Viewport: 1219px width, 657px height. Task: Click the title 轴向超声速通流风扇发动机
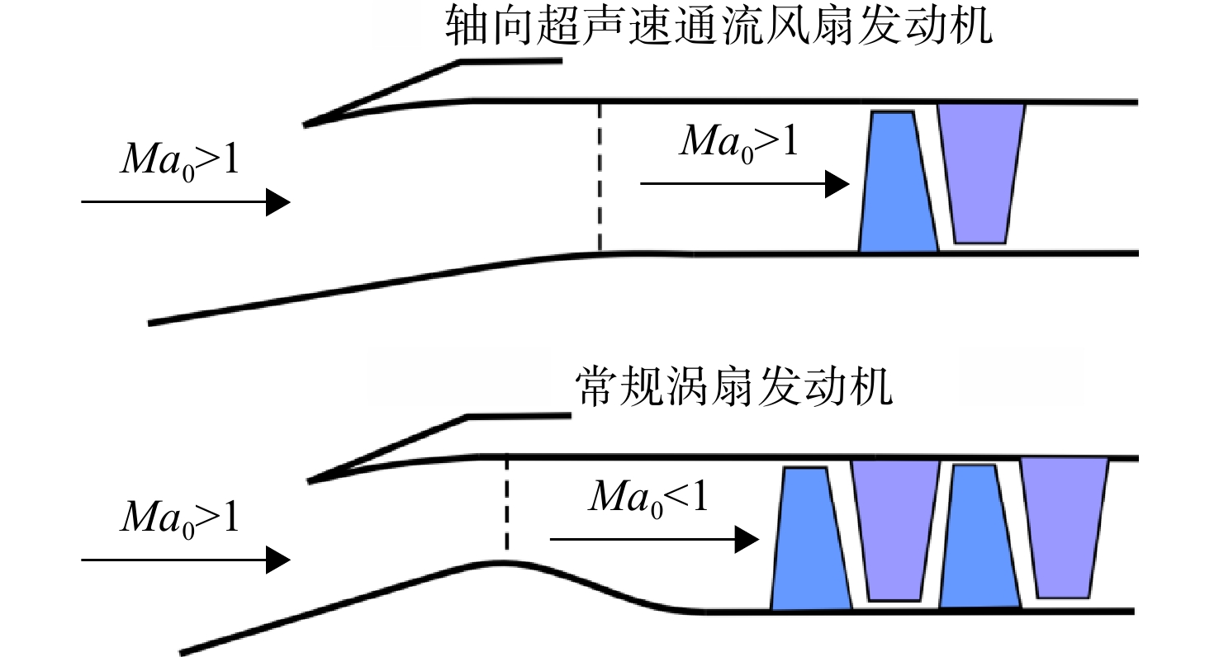(x=719, y=26)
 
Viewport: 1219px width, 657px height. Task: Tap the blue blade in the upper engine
(x=898, y=182)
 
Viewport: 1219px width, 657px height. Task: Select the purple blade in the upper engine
(x=980, y=173)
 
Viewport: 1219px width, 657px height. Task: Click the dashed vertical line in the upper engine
(x=599, y=177)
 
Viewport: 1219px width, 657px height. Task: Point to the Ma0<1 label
(x=648, y=498)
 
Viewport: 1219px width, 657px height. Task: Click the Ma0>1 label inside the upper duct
(x=739, y=143)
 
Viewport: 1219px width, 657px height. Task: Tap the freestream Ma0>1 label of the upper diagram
(x=179, y=161)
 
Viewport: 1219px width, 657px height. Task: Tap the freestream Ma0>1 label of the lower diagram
(x=179, y=518)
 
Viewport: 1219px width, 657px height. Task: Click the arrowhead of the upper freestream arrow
(x=278, y=201)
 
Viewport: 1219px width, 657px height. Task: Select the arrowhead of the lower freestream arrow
(x=278, y=560)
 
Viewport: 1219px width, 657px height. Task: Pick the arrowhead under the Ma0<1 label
(x=747, y=540)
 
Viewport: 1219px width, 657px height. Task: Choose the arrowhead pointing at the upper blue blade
(x=837, y=184)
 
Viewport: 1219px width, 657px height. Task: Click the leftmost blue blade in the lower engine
(x=811, y=538)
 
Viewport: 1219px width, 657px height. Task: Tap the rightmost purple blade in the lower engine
(x=1064, y=527)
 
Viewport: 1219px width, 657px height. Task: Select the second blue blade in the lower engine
(x=979, y=536)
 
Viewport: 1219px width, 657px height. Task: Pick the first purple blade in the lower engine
(x=895, y=530)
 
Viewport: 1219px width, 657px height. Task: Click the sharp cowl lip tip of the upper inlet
(x=305, y=125)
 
